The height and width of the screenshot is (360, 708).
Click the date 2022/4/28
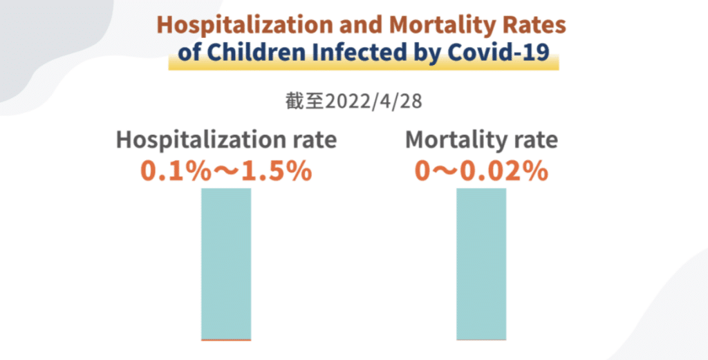click(373, 102)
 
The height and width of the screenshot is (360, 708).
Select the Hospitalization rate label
click(226, 140)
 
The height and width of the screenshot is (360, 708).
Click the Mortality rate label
click(481, 140)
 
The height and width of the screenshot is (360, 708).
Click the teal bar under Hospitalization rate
click(226, 263)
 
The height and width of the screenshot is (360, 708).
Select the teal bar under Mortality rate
click(481, 263)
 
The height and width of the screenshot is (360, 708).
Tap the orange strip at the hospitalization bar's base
click(226, 340)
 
